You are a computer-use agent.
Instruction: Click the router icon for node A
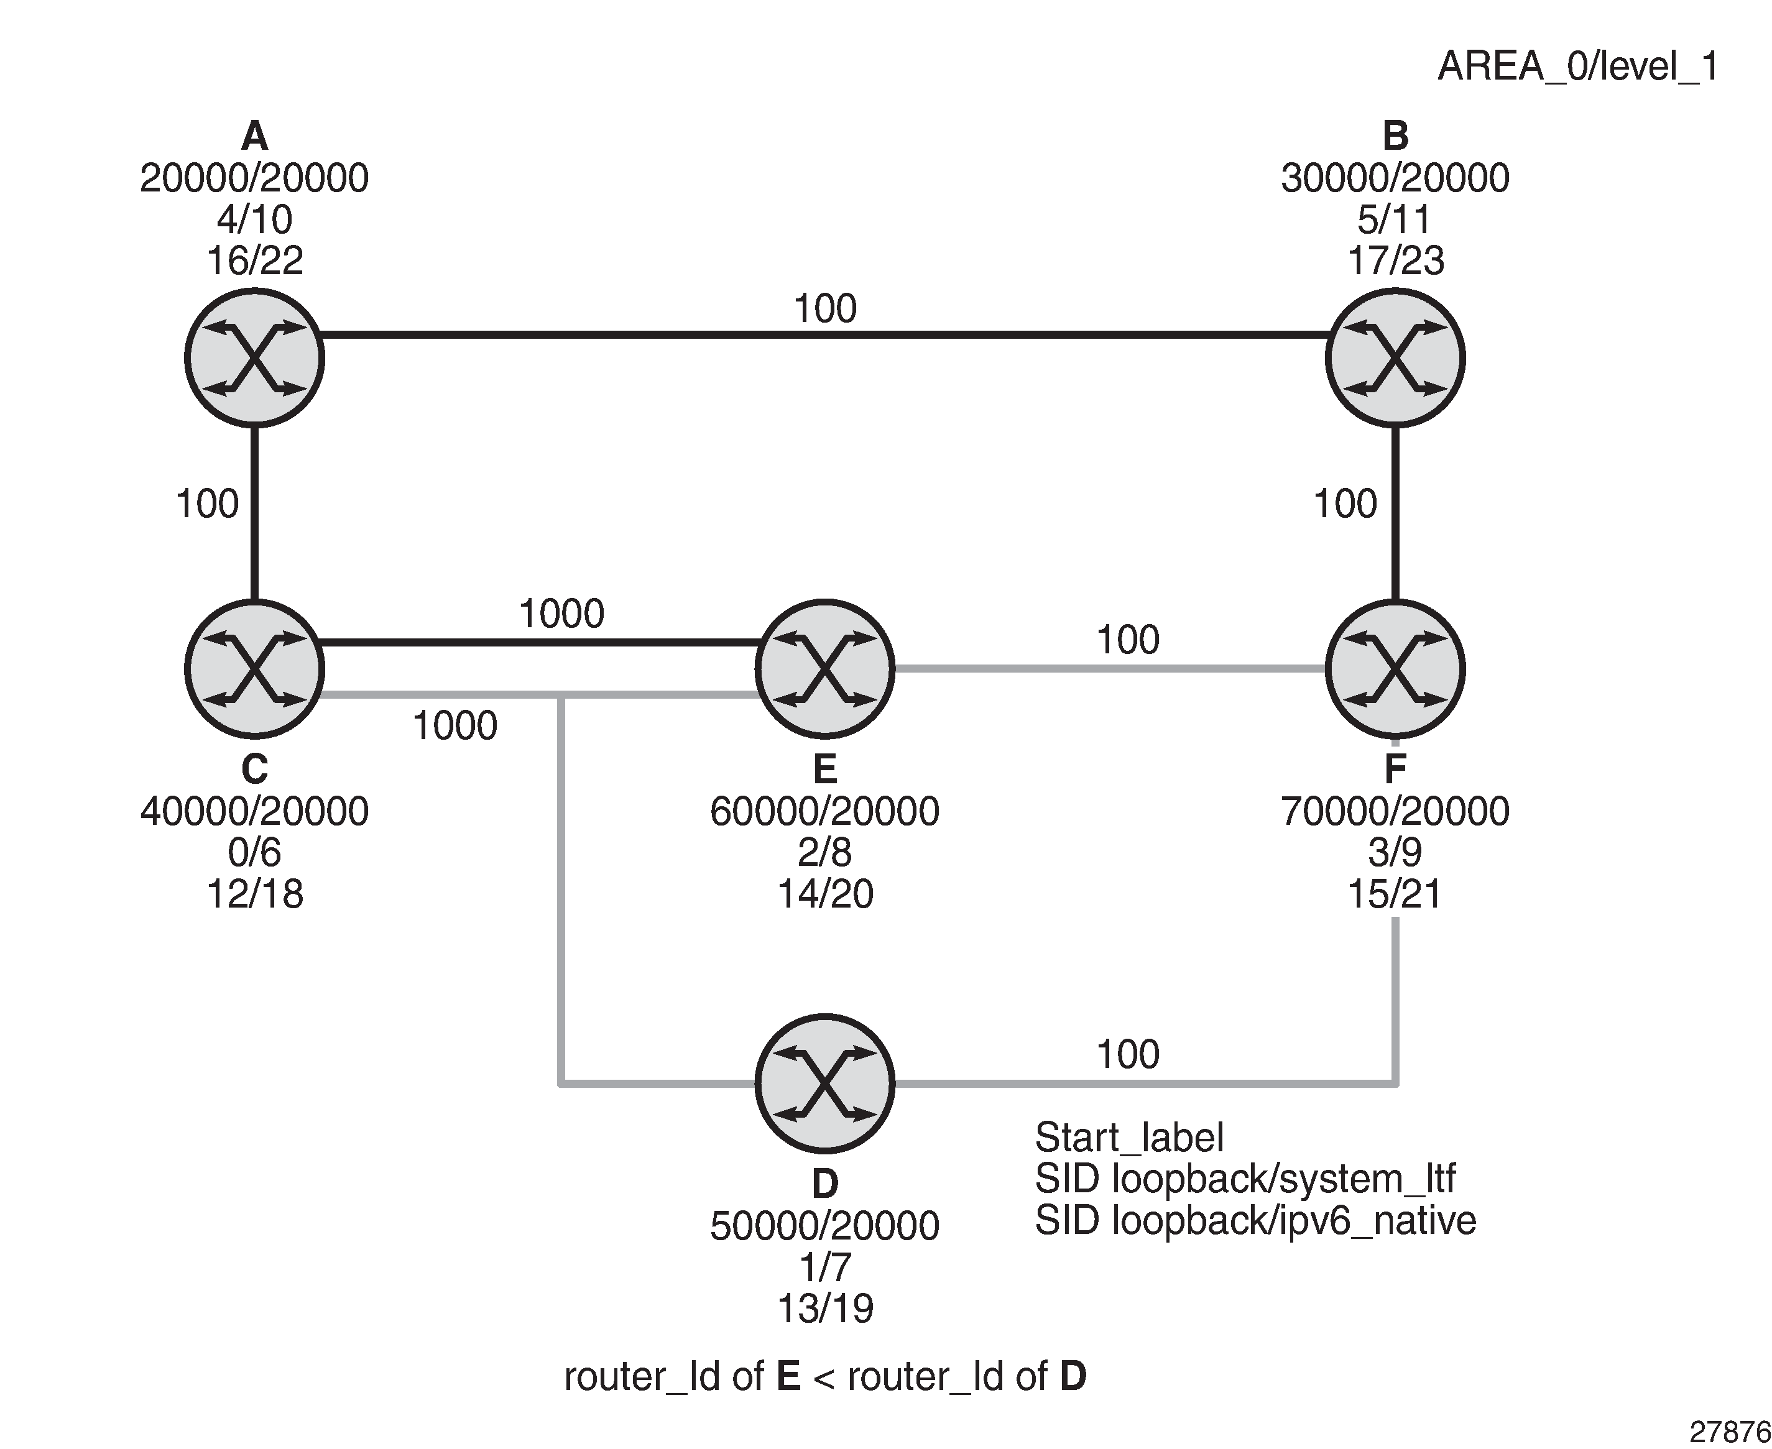click(254, 358)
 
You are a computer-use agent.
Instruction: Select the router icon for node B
click(1395, 358)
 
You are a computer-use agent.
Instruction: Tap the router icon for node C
click(254, 669)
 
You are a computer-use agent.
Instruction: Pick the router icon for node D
click(824, 1083)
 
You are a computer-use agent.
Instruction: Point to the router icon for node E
click(824, 669)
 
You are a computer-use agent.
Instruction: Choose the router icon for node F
click(1395, 669)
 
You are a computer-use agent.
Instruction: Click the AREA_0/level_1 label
click(1577, 67)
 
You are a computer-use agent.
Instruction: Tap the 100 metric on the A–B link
click(824, 309)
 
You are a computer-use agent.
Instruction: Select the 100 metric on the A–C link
click(207, 504)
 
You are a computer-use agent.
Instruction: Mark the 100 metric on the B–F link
click(1345, 504)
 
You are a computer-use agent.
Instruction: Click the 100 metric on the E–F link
click(1128, 640)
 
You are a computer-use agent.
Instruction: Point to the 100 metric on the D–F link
click(1128, 1054)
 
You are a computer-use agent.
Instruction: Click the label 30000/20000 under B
click(1395, 178)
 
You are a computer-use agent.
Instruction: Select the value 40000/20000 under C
click(254, 811)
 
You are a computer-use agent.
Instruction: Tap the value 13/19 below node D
click(824, 1308)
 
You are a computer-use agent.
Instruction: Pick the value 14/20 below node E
click(824, 894)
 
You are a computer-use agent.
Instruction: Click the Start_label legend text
click(1128, 1138)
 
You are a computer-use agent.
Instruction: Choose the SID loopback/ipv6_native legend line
click(1255, 1220)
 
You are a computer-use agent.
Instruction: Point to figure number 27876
click(1730, 1432)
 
